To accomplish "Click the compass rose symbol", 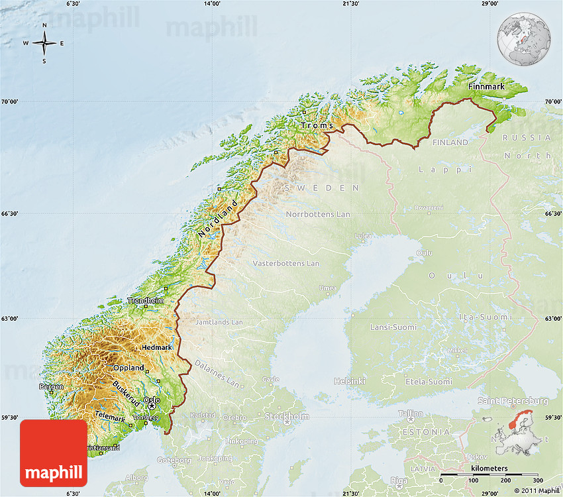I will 44,44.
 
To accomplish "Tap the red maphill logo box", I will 54,453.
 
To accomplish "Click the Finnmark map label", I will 486,87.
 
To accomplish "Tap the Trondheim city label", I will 145,300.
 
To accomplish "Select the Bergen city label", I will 52,386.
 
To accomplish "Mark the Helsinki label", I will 350,381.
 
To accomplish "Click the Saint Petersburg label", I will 513,401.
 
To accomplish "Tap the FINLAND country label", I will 450,142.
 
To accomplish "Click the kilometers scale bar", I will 489,474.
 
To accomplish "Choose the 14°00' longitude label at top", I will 212,4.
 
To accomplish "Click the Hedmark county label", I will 157,347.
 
